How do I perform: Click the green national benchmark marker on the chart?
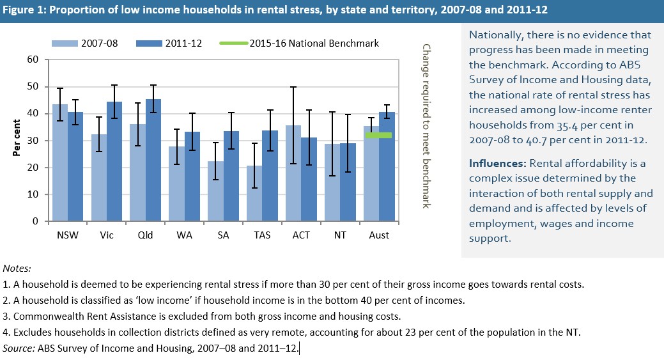click(x=378, y=135)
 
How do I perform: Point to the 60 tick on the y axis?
click(x=33, y=59)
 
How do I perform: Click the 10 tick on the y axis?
click(x=33, y=194)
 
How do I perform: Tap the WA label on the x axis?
click(x=185, y=235)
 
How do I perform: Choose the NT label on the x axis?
click(x=340, y=235)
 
